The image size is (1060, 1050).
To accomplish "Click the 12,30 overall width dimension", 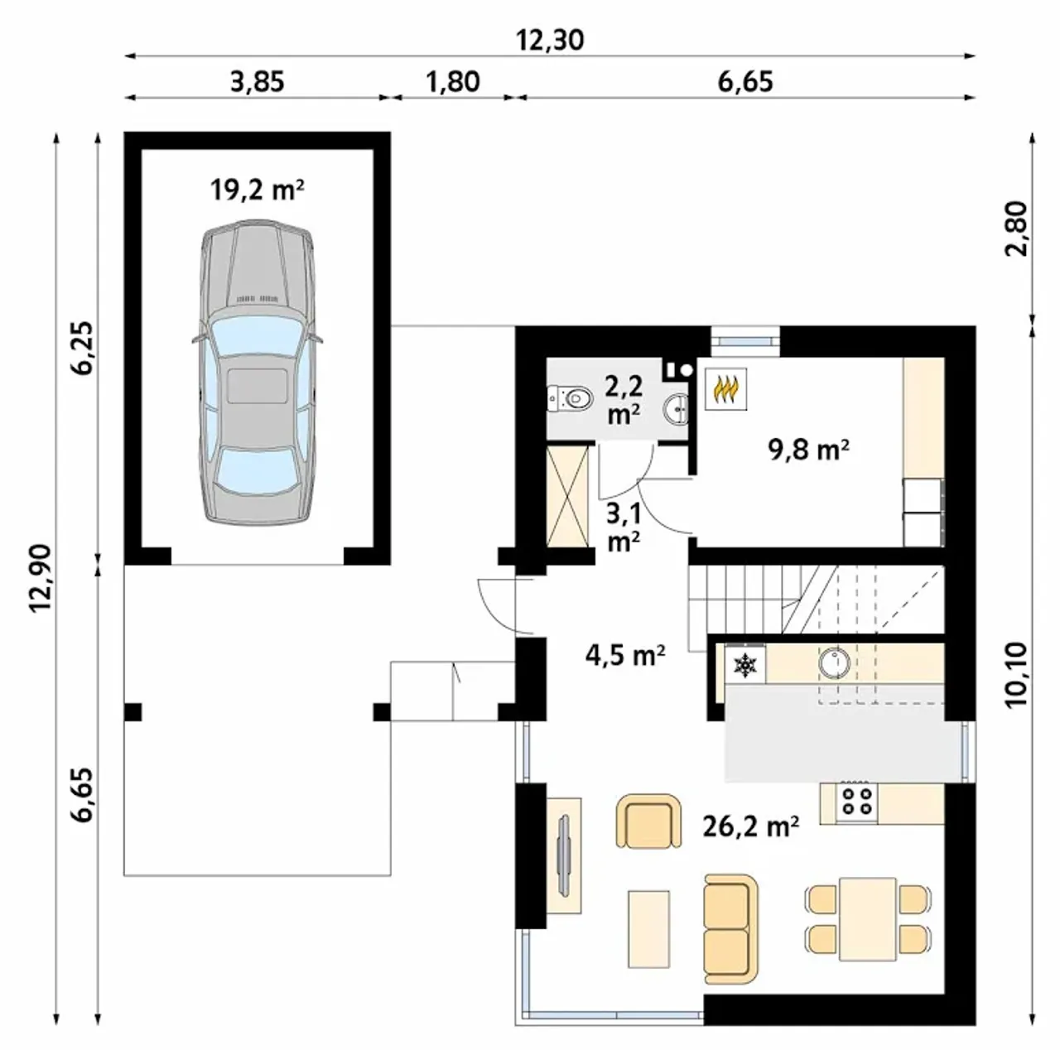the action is click(x=550, y=41).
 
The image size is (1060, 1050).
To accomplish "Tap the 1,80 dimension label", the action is click(x=453, y=82).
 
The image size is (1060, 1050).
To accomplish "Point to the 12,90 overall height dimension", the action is click(x=41, y=577).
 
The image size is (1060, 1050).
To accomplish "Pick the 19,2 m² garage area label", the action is click(x=257, y=190).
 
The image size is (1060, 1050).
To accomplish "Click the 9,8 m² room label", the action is click(x=808, y=450).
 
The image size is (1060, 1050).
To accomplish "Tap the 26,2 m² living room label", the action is click(x=751, y=826).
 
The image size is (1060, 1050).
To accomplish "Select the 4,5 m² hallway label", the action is click(x=625, y=656).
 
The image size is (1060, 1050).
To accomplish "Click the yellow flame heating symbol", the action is click(x=725, y=388).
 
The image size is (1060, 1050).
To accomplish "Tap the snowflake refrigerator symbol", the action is click(x=744, y=665).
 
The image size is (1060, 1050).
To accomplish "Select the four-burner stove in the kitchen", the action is click(x=856, y=802).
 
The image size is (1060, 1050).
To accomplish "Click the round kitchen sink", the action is click(x=835, y=662).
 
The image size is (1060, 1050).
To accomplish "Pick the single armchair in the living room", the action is click(x=648, y=821).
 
